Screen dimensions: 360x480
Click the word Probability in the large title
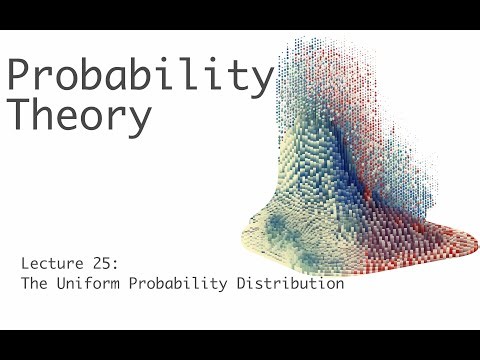point(140,76)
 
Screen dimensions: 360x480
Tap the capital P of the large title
point(20,74)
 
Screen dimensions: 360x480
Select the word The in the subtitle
point(35,284)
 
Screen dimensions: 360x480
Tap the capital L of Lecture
point(25,264)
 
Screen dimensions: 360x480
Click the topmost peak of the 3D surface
point(299,42)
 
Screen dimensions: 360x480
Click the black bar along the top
point(240,14)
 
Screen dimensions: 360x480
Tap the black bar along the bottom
point(240,345)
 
